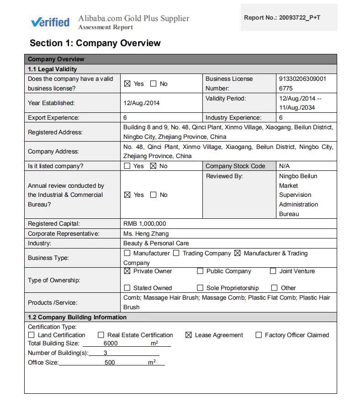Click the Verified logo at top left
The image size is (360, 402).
[x=50, y=22]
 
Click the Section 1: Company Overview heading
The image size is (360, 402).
[x=95, y=43]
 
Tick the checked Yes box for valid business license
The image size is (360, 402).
[x=127, y=84]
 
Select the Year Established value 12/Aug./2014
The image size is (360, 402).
[x=142, y=103]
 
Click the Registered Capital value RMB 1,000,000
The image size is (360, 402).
[x=145, y=224]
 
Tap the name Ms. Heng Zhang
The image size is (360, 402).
[x=143, y=233]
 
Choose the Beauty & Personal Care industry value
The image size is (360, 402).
[x=156, y=243]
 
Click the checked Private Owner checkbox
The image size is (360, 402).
[x=127, y=271]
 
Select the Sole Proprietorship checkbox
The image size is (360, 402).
[x=200, y=288]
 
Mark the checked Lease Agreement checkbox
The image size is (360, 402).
[x=188, y=335]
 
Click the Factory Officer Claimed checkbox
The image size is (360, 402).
[x=259, y=335]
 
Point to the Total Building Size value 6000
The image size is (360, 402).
[x=111, y=344]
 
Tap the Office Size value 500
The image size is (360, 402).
[x=110, y=362]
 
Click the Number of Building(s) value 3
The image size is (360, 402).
[x=105, y=353]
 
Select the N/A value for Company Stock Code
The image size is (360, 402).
[x=284, y=166]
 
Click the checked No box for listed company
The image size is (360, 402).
[x=153, y=166]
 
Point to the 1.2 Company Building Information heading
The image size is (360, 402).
[x=77, y=317]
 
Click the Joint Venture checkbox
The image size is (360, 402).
[x=273, y=271]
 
